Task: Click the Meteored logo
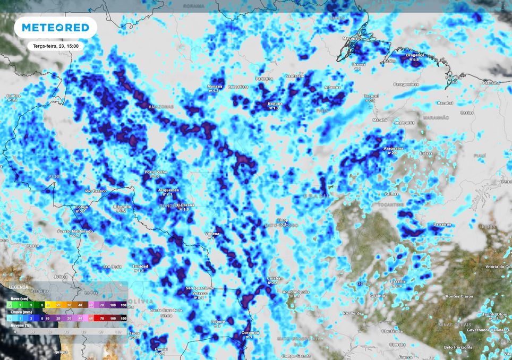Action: click(55, 27)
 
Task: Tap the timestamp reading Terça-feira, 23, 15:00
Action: click(56, 46)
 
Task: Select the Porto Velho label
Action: click(156, 172)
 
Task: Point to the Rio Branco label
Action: click(96, 191)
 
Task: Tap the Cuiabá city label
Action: click(272, 278)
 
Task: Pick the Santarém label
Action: click(294, 76)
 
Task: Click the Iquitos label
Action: click(13, 96)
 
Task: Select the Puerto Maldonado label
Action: click(75, 231)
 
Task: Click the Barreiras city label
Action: click(442, 224)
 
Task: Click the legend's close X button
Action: click(121, 285)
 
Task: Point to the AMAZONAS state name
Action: click(161, 106)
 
